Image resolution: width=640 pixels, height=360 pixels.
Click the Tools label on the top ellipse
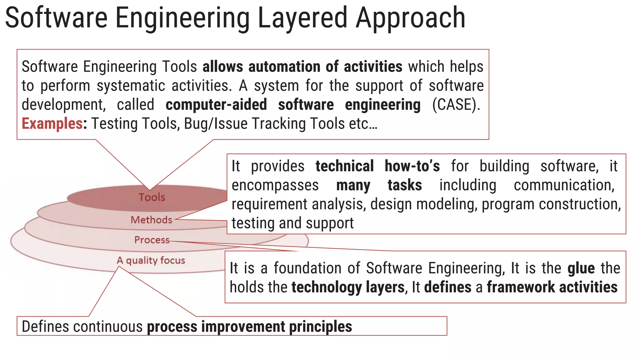pos(152,197)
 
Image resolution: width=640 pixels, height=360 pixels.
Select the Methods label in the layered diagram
pos(151,220)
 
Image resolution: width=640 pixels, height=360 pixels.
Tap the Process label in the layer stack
pos(152,240)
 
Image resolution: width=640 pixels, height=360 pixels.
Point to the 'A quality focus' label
pos(151,260)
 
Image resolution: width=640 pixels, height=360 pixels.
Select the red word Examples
pos(52,123)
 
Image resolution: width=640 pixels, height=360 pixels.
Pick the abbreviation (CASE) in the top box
pos(456,104)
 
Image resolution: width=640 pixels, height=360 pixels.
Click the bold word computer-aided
pos(216,104)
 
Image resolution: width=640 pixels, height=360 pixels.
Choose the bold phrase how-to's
pos(412,166)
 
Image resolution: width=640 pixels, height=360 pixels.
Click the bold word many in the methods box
pos(353,185)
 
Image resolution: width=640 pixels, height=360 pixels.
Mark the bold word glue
pos(581,268)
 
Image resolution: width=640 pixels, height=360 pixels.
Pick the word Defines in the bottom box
pos(45,327)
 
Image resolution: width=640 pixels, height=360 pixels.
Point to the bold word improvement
pos(243,327)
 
